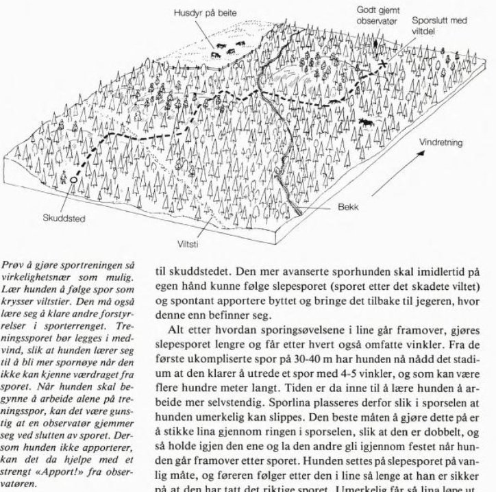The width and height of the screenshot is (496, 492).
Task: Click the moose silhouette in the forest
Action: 367,123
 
